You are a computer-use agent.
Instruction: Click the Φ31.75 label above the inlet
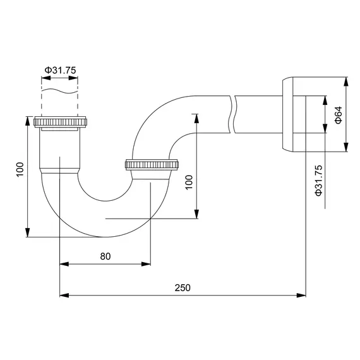60,70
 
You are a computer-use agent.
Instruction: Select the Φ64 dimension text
338,115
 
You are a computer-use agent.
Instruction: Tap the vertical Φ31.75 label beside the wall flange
319,179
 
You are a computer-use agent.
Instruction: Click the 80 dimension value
105,256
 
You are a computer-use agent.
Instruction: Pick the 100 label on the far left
20,169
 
